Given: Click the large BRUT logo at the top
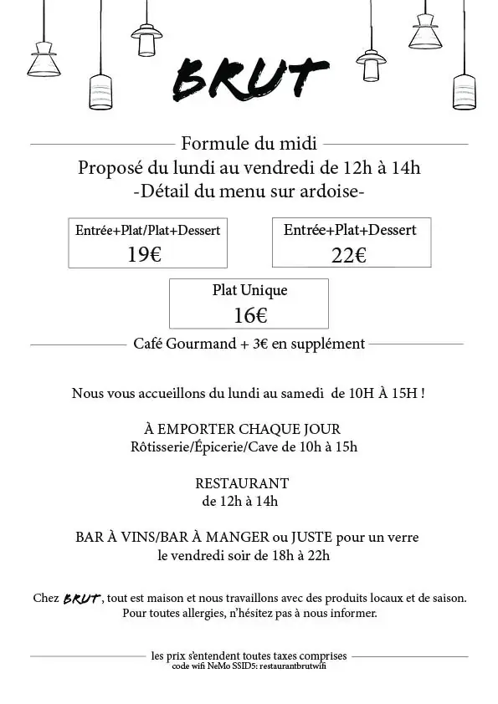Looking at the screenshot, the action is [x=249, y=79].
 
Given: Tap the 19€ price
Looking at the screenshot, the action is [x=144, y=255].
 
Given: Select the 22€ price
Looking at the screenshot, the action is [x=348, y=255].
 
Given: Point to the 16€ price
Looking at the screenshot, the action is [x=250, y=315].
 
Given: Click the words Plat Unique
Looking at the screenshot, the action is [x=249, y=291].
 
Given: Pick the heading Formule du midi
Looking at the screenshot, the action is [x=249, y=144].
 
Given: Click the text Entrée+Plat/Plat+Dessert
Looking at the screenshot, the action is [x=148, y=230].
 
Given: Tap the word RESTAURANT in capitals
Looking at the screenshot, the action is [x=242, y=483].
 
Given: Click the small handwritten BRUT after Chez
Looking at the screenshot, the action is [x=82, y=599].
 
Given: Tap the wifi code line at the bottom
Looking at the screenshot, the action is [x=249, y=666].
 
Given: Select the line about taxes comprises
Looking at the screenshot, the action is [x=249, y=656].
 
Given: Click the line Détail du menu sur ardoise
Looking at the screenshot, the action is [x=249, y=191].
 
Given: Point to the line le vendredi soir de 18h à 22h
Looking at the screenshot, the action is [x=244, y=554].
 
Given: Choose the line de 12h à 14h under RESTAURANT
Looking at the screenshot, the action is [x=240, y=502].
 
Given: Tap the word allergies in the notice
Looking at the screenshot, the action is [x=187, y=613].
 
